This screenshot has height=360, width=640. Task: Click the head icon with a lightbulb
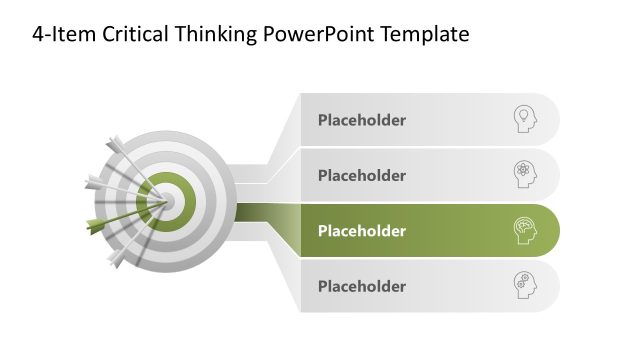524,120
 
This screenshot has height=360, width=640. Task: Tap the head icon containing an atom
524,175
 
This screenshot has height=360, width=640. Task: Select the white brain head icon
524,230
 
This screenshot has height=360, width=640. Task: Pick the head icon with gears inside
524,285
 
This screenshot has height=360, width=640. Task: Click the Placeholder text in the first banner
362,120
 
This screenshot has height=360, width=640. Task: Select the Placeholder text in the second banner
362,175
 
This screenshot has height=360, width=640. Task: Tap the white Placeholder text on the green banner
362,230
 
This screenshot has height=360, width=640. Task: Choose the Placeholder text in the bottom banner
362,286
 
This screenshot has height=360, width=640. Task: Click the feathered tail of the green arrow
96,224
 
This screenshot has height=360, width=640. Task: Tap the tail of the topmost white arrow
114,143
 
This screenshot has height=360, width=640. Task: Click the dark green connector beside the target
262,211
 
